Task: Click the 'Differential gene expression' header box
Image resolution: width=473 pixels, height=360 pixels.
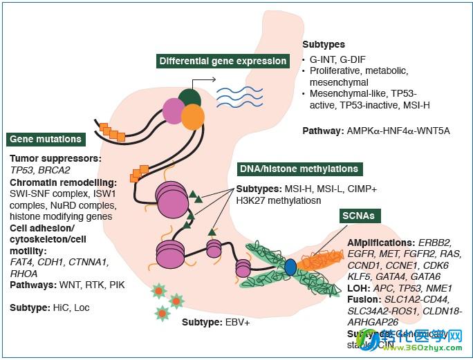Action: tap(223, 61)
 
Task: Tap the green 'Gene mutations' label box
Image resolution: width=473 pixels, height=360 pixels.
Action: tap(46, 139)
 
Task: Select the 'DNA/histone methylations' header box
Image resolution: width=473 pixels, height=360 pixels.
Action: tap(299, 169)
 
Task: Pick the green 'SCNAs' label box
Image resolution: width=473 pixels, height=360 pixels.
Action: tap(358, 216)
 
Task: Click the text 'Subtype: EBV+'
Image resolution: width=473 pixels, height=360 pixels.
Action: tap(216, 322)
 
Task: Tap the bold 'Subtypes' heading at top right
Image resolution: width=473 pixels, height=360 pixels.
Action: tap(323, 44)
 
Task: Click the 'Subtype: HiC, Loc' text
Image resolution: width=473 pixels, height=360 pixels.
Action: tap(50, 306)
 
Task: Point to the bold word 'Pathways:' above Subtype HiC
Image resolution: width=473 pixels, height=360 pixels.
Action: tap(33, 284)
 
